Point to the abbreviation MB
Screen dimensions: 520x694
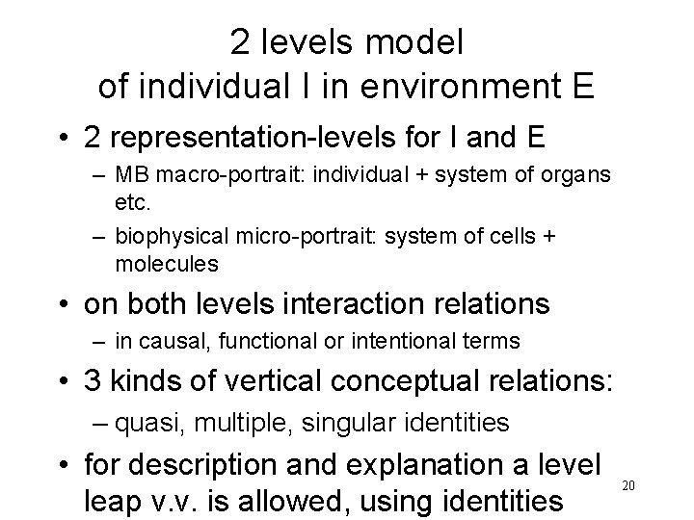pyautogui.click(x=127, y=175)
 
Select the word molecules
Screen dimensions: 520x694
pyautogui.click(x=167, y=263)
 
